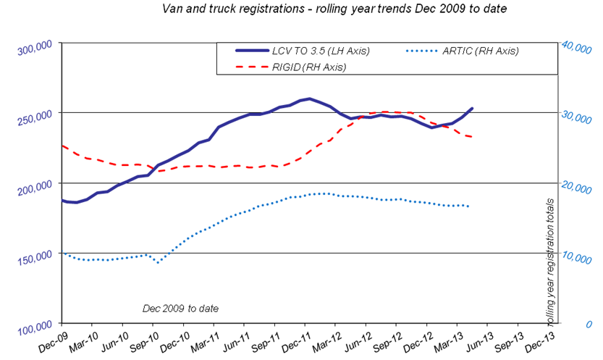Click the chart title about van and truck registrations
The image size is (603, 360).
click(x=334, y=9)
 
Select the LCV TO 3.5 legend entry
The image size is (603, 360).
click(x=303, y=51)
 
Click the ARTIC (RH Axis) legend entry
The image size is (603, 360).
click(x=463, y=51)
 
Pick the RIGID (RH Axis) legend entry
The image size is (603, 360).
click(x=291, y=67)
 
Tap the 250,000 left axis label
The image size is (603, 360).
click(x=35, y=117)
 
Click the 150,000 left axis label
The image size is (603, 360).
click(x=35, y=258)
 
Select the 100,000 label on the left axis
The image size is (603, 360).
click(x=35, y=328)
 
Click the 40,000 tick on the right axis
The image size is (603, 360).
click(x=576, y=47)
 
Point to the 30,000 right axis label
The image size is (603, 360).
click(x=576, y=117)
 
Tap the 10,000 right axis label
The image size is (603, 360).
click(x=576, y=258)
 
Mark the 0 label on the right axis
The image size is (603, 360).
click(x=589, y=325)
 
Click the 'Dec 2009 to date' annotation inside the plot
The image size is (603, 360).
click(x=180, y=309)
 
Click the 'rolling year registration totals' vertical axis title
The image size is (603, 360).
click(x=549, y=262)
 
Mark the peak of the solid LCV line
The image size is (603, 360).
click(x=309, y=99)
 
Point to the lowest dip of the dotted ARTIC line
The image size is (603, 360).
click(x=158, y=263)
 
